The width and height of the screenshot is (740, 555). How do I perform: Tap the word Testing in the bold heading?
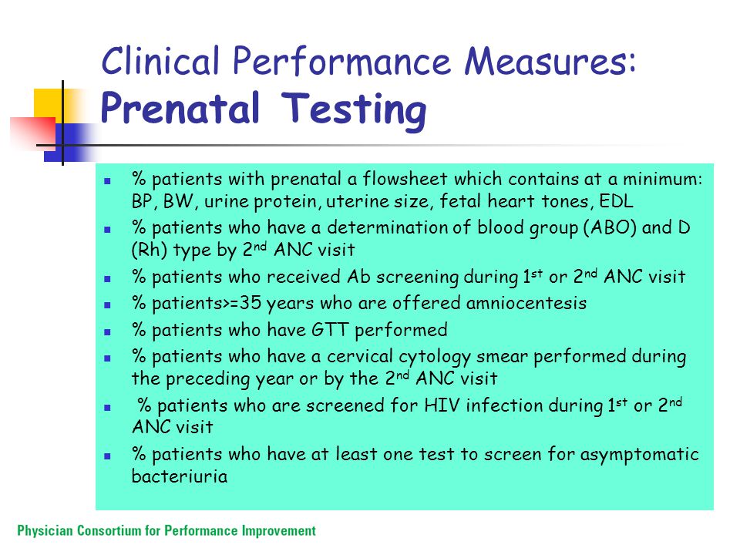coord(354,109)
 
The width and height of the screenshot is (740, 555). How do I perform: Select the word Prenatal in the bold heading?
coord(180,108)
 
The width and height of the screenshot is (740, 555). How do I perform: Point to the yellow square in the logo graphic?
coord(48,103)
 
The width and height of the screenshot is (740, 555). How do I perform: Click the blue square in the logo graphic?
coord(71,142)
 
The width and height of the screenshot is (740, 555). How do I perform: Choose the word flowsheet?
coord(405,179)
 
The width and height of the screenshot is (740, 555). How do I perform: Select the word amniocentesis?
coord(526,303)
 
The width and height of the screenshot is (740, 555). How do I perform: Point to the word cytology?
coord(435,357)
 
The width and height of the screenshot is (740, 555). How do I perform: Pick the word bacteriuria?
coord(180,476)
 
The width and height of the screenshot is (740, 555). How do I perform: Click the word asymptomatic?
coord(639,455)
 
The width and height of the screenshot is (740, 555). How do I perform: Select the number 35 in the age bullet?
coord(250,303)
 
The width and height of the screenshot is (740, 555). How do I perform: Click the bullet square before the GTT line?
coord(108,332)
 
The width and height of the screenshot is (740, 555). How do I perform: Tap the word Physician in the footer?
coord(45,530)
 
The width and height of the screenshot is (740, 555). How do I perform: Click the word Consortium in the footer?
coord(109,530)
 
